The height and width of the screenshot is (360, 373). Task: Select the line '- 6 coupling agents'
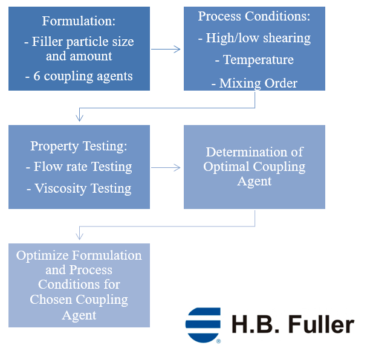[79, 77]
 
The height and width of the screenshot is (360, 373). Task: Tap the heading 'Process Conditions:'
[254, 16]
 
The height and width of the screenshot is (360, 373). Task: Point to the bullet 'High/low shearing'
[255, 38]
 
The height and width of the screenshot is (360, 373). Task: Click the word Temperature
[258, 60]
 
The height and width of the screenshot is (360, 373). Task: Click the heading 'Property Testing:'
[79, 146]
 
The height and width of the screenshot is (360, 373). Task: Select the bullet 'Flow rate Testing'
[79, 167]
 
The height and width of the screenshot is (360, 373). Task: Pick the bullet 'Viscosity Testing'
[79, 188]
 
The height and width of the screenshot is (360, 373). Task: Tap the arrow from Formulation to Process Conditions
[166, 50]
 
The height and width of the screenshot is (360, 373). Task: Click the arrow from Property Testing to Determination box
[166, 167]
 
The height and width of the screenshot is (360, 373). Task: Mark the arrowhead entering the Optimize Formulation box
[79, 237]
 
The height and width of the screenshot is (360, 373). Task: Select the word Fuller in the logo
[320, 324]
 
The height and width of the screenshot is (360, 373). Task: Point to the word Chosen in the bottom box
[53, 299]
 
